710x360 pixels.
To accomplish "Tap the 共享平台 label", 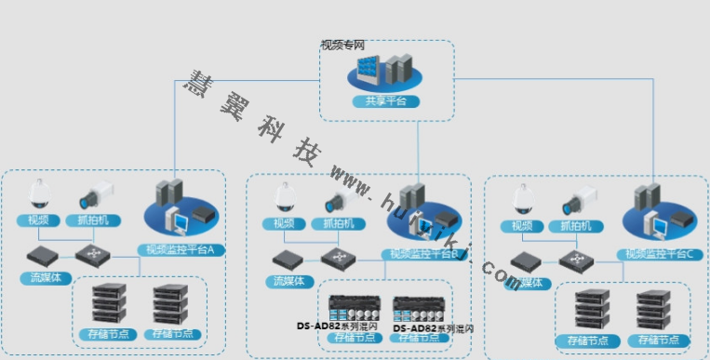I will coord(385,100).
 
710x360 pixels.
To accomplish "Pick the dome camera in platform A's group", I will coord(40,193).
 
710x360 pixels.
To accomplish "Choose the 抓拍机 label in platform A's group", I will coord(96,222).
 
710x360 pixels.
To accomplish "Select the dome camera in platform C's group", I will coord(522,199).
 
